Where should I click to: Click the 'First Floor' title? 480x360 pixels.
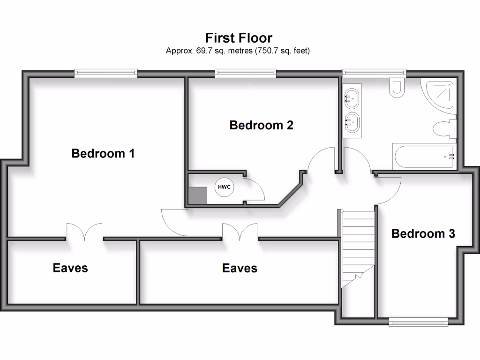coord(239,38)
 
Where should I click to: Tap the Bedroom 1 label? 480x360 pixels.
coord(103,153)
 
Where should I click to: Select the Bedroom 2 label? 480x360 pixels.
coord(262,125)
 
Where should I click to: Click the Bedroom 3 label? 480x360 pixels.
coord(423,233)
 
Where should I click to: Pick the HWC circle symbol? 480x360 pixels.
coord(225,187)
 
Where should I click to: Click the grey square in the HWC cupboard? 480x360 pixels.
coord(197,195)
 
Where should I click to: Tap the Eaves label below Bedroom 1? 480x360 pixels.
coord(70,268)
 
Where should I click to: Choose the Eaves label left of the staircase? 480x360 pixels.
coord(240,268)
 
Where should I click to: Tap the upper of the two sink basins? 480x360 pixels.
coord(352,98)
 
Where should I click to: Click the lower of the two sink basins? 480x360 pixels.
coord(352,122)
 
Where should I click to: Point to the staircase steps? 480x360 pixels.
coord(358,248)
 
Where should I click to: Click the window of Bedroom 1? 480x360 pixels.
coord(106,73)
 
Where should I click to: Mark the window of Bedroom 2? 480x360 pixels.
coord(246,73)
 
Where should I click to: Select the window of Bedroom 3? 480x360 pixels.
coord(419,322)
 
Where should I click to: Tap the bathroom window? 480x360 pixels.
coord(374,73)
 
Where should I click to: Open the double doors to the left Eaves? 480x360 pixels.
coord(84,232)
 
